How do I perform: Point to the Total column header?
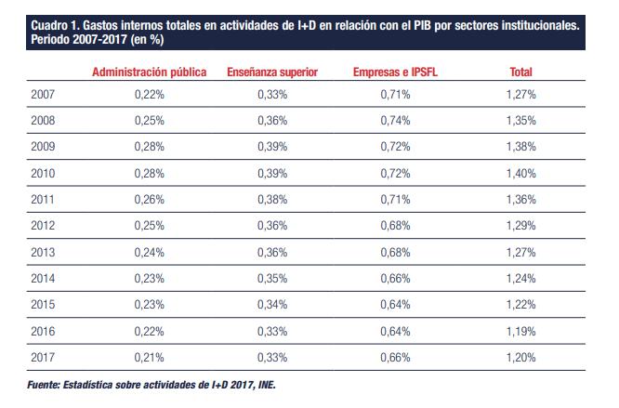(521, 72)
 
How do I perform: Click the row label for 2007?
(43, 95)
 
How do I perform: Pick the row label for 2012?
(43, 225)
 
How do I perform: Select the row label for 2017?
(43, 355)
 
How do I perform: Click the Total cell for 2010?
(521, 173)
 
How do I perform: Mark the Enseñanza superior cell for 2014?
(272, 277)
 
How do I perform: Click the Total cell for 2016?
(521, 329)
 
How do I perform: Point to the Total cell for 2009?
(521, 147)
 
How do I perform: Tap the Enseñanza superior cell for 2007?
(272, 95)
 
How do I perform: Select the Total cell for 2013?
(521, 251)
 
